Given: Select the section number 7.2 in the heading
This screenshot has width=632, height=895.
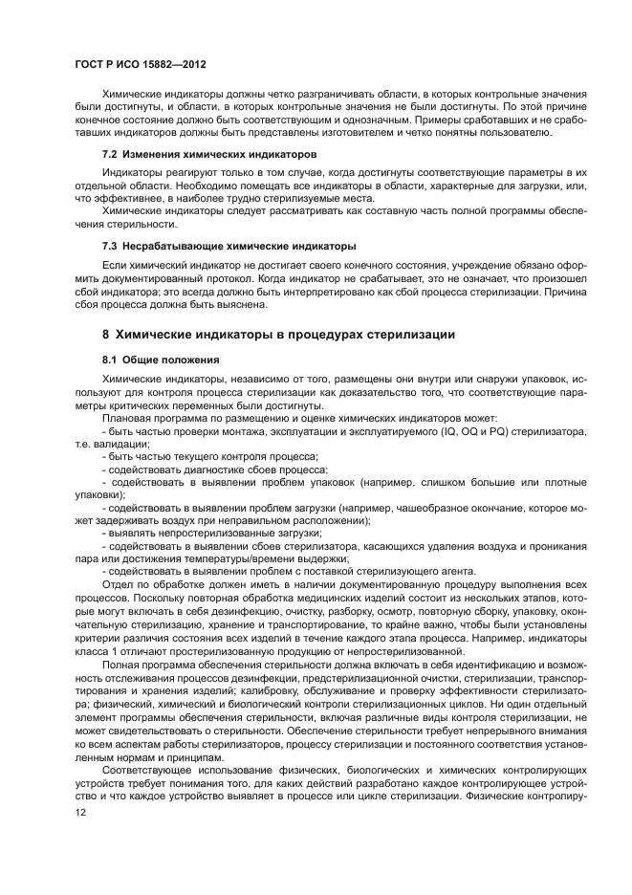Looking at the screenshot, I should pyautogui.click(x=111, y=154).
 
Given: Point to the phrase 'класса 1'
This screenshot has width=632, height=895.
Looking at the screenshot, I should pyautogui.click(x=97, y=646).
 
